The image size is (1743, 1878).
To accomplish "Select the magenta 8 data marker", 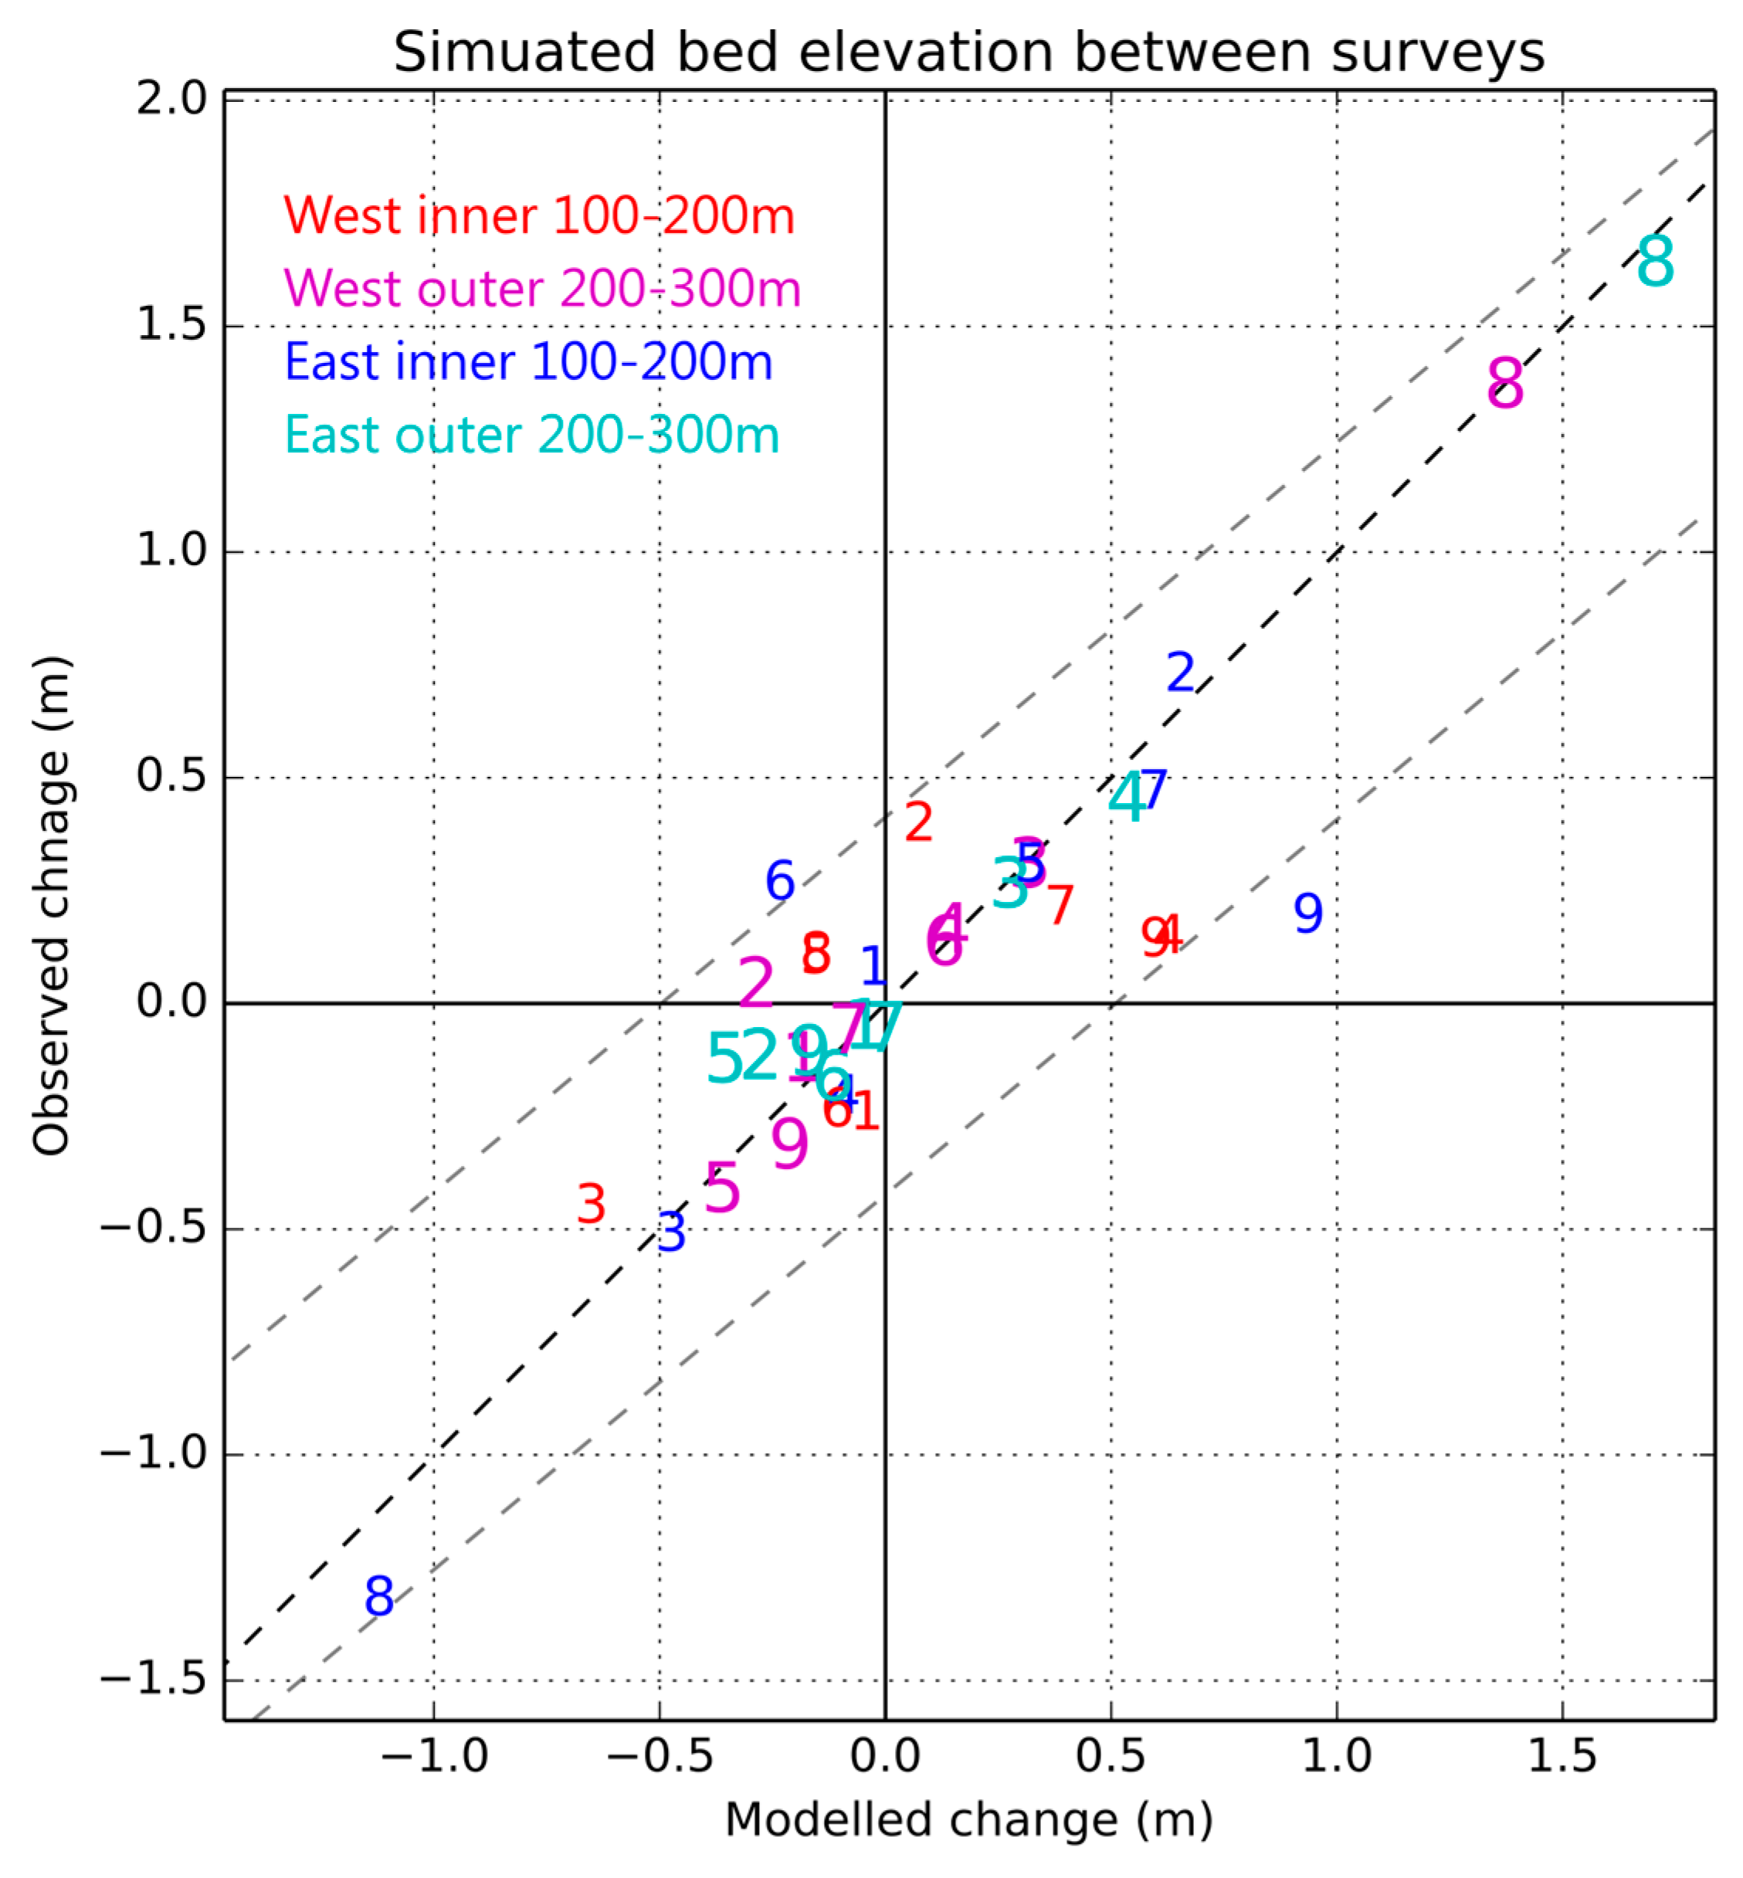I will tap(1505, 384).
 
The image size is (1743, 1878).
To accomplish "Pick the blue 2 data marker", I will tap(1181, 673).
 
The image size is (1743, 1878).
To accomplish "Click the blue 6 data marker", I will tap(780, 881).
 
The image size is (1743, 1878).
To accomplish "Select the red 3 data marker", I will tap(592, 1205).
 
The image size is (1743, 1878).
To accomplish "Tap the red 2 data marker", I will tap(919, 822).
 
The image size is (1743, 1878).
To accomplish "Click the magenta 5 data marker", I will tap(723, 1188).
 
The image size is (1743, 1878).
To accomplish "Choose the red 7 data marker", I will tap(1060, 906).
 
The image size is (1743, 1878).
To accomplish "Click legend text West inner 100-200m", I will tap(540, 216).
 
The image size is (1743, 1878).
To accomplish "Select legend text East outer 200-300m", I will tap(532, 435).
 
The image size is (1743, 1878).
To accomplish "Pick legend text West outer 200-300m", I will tap(542, 289).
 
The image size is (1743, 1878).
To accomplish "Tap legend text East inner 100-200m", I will tap(528, 362).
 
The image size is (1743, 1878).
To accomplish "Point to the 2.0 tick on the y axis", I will tap(171, 99).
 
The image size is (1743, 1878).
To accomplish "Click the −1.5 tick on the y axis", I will tap(153, 1680).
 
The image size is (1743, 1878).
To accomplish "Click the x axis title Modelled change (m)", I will tap(968, 1819).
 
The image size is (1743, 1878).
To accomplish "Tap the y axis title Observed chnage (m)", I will tap(51, 906).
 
